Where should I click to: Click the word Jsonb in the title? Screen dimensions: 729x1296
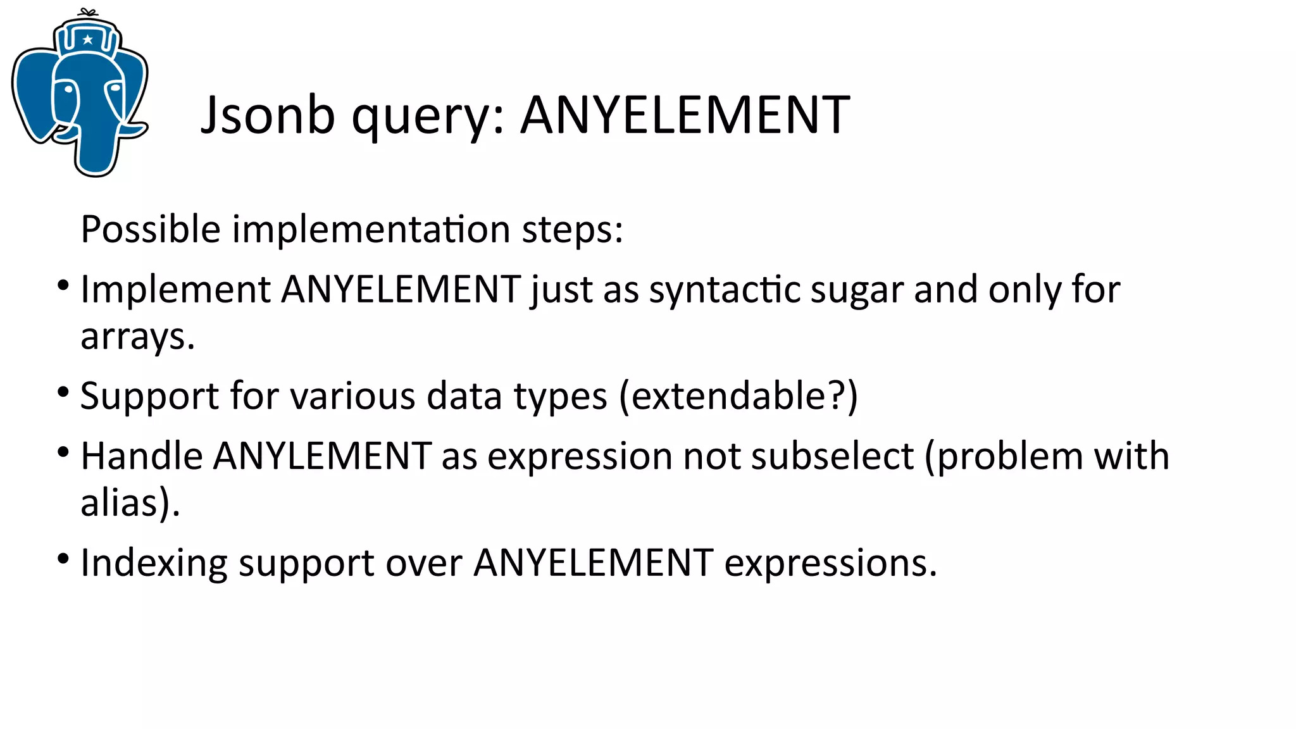pos(268,115)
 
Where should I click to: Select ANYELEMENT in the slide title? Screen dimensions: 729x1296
pos(685,115)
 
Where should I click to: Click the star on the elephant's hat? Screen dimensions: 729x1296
pos(88,40)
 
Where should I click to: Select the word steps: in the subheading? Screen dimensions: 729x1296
pos(572,230)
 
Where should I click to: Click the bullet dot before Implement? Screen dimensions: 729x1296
pos(63,285)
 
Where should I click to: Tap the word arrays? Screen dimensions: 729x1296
pos(137,337)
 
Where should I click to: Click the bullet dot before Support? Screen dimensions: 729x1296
pos(63,392)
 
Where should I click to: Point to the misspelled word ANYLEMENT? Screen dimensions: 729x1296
pos(322,456)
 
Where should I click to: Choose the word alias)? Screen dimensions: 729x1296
pos(130,503)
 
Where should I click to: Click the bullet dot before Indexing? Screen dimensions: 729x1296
pos(63,558)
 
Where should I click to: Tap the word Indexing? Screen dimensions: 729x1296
pos(154,563)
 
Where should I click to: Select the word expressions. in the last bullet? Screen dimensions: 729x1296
pos(830,563)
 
